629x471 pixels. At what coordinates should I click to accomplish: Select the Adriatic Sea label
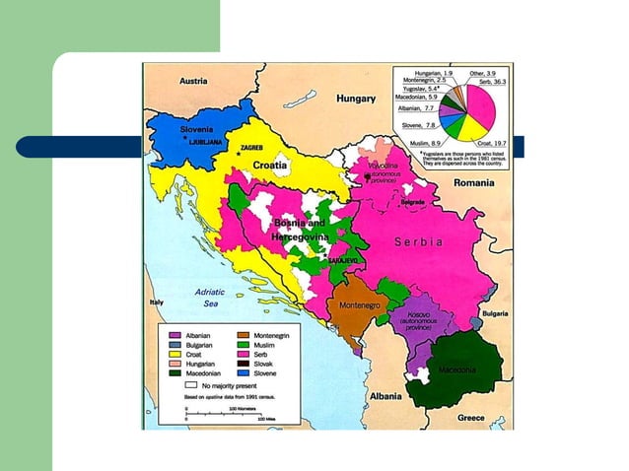point(209,299)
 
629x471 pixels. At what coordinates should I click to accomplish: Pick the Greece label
point(471,417)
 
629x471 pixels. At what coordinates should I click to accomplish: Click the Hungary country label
point(356,100)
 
